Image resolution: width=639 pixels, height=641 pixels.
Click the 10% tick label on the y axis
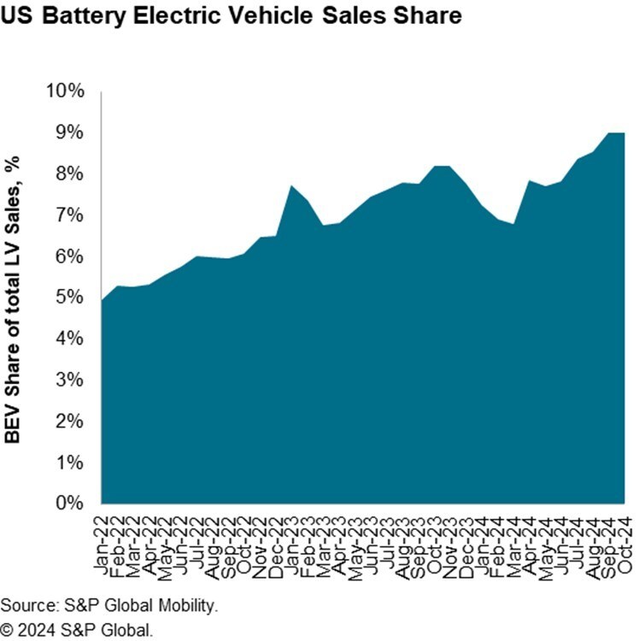click(65, 91)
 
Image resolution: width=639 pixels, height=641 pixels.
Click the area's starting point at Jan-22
click(102, 300)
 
